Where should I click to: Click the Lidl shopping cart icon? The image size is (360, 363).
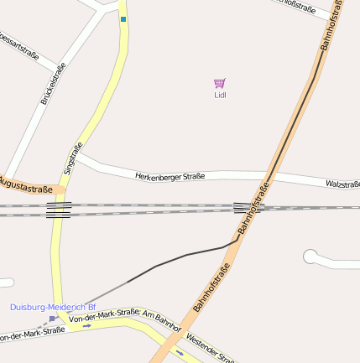220,83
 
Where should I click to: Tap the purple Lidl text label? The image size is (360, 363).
220,95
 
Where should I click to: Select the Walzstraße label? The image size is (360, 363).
342,184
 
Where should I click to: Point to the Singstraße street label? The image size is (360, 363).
73,158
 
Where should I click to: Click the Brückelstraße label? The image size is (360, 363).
52,85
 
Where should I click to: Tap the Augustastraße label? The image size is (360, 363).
26,184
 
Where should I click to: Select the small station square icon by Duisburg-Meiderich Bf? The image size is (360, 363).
52,319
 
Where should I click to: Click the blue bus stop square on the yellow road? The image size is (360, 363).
123,18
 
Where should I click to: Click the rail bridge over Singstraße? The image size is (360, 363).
59,209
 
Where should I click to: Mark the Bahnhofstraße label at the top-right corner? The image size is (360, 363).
332,25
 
